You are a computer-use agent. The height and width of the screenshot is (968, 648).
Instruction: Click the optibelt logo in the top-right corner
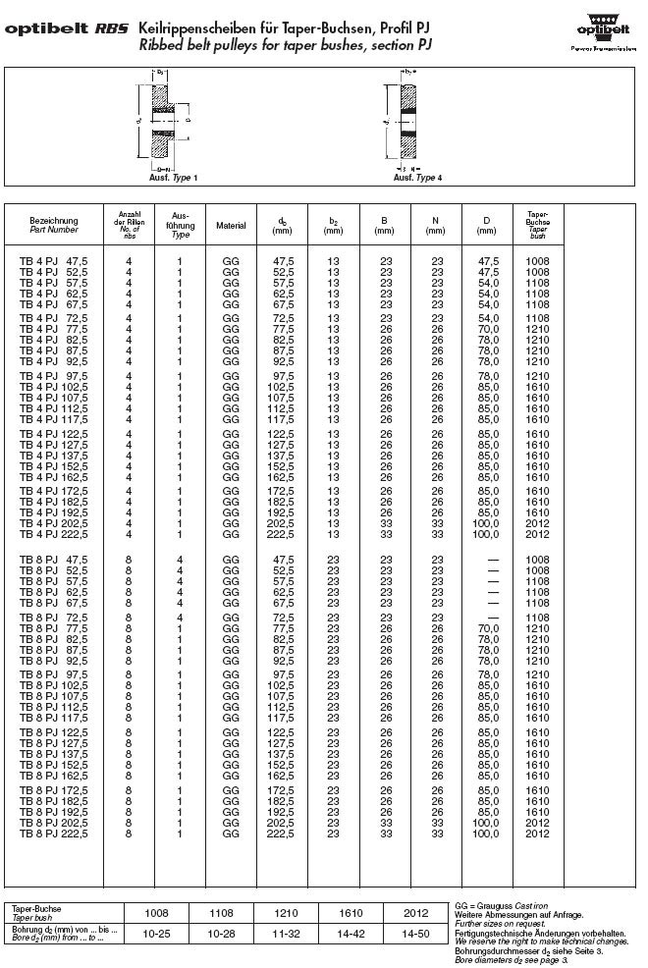(602, 27)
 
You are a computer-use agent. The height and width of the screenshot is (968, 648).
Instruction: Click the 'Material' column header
(231, 226)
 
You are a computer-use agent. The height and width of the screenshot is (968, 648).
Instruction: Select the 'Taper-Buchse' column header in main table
(537, 225)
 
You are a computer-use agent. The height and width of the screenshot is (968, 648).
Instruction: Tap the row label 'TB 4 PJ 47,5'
(55, 260)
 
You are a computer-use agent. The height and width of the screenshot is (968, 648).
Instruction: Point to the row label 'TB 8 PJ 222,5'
(55, 834)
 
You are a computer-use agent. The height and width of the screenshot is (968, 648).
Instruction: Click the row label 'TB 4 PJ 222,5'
(55, 534)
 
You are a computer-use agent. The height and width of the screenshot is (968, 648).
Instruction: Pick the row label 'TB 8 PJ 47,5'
(55, 560)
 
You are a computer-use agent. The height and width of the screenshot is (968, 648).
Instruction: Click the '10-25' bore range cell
(157, 934)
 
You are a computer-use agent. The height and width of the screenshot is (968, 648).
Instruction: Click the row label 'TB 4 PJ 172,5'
(55, 489)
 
